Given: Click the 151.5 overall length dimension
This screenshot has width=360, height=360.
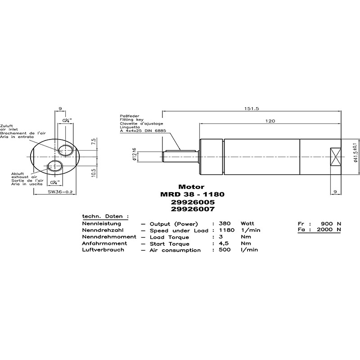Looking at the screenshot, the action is click(252, 108).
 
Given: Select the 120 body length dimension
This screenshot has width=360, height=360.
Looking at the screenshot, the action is click(270, 121).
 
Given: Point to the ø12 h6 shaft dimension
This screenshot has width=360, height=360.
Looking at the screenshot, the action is click(135, 154).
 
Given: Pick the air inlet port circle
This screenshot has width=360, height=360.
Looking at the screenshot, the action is click(65, 150).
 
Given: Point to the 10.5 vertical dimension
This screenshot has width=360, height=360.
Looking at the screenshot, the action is click(94, 172).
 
